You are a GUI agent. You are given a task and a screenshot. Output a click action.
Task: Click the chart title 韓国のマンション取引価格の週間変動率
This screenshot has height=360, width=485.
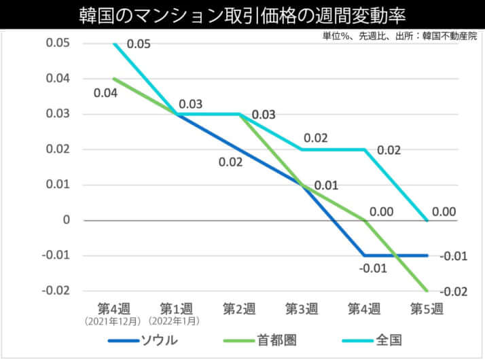[x=242, y=14]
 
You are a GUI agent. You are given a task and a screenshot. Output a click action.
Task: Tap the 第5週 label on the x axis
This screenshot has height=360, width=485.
[x=427, y=309]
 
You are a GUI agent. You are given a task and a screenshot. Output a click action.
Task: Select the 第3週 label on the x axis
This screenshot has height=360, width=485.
[x=302, y=309]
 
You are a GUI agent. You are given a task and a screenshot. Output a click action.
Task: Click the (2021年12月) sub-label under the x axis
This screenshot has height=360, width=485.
[x=113, y=321]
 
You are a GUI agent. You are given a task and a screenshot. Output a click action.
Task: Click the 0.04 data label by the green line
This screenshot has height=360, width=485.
[x=105, y=92]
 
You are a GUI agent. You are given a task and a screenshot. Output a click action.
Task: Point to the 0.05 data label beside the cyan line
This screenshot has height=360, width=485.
[x=139, y=44]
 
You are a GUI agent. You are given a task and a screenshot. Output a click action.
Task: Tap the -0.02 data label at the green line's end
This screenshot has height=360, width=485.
[x=454, y=292]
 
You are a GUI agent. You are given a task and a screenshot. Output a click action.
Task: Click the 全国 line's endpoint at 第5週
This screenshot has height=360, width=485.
[x=427, y=220]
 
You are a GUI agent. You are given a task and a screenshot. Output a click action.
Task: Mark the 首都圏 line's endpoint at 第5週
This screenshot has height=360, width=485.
[x=427, y=291]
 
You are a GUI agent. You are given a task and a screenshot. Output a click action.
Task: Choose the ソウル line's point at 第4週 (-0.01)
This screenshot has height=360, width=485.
[x=364, y=255]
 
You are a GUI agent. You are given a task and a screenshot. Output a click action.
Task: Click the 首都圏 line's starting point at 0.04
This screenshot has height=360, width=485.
[x=114, y=79]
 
